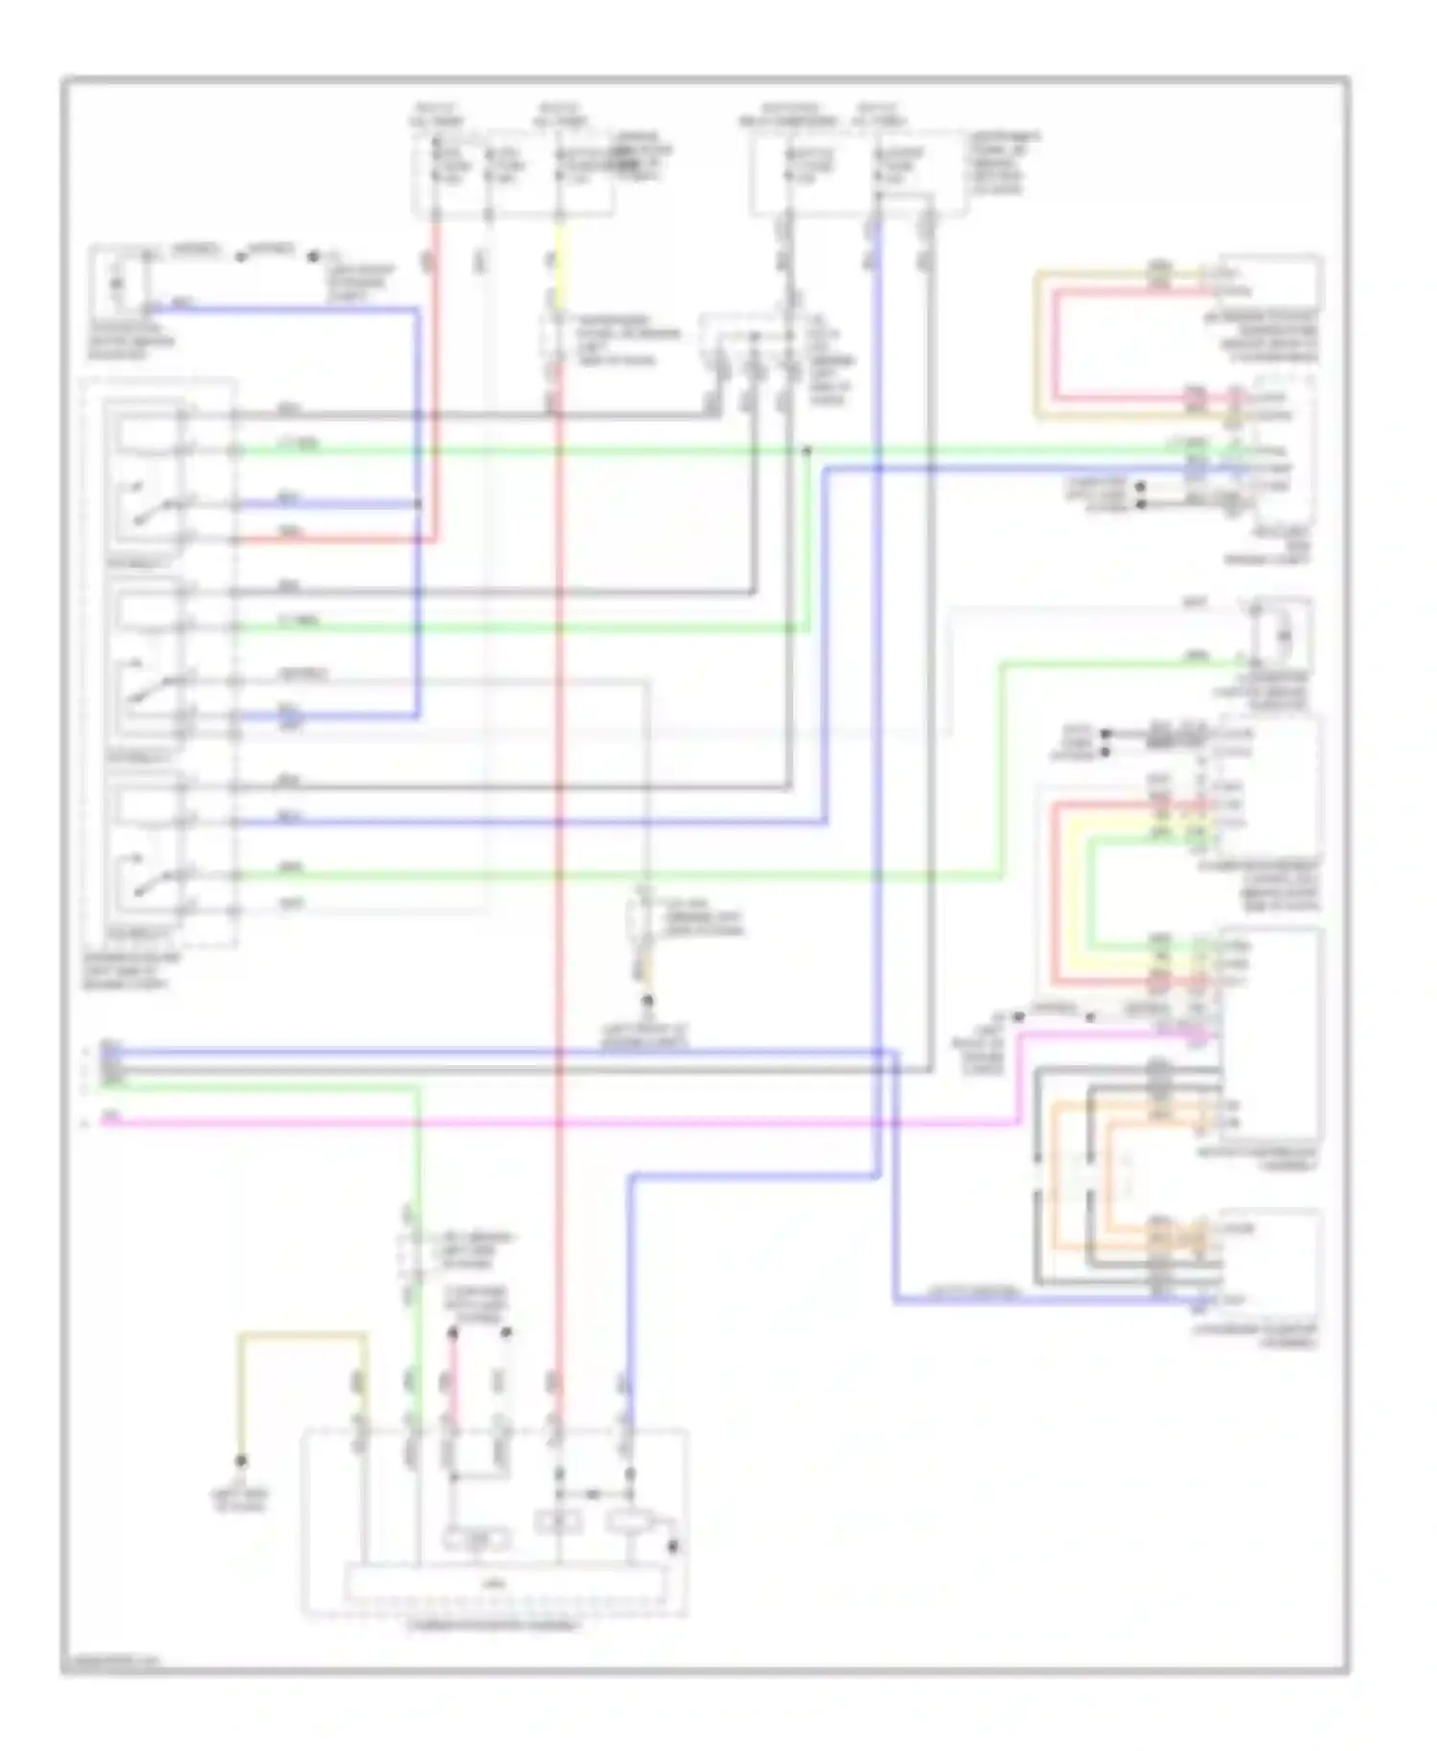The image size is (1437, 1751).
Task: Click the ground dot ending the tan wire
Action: point(240,1461)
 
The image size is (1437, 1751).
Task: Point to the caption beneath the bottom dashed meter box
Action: point(493,1626)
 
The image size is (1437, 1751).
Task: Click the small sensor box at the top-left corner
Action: point(118,281)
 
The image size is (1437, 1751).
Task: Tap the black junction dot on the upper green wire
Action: point(807,449)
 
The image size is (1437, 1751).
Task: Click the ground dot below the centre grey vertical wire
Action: point(648,1001)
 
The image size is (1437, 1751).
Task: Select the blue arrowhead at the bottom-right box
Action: point(1200,1302)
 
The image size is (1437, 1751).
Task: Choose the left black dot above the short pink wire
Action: point(453,1332)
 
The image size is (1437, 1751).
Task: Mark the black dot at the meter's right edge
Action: point(673,1546)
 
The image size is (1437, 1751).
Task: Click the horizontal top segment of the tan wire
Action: point(303,1334)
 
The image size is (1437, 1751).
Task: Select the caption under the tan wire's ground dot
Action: point(240,1500)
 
